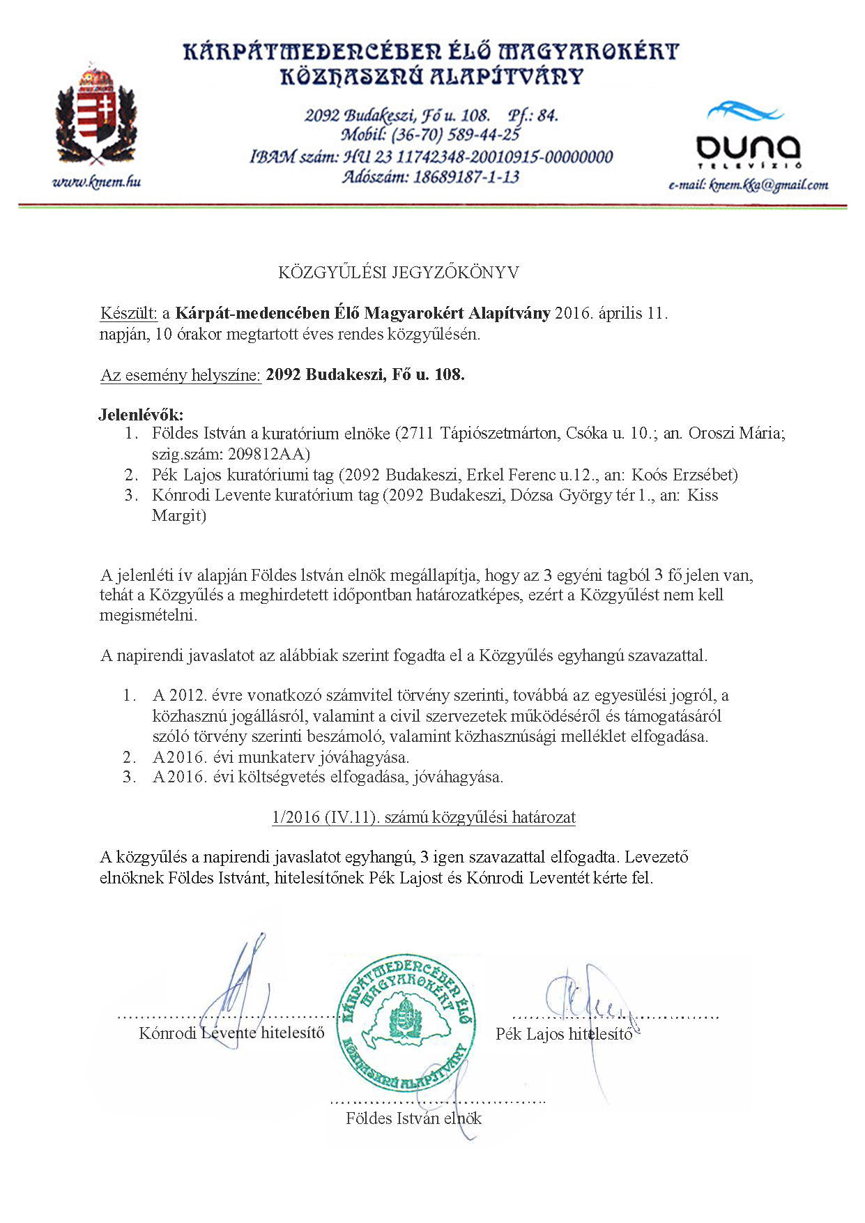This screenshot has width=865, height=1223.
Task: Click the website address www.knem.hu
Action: [x=96, y=182]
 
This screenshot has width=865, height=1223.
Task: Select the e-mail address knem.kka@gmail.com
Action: [x=748, y=185]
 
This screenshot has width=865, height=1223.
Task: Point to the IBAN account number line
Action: [x=431, y=156]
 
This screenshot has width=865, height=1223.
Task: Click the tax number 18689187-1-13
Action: [x=466, y=176]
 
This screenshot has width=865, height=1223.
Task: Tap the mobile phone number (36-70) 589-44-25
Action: [x=455, y=135]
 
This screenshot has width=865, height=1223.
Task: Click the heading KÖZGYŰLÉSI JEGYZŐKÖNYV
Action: [x=398, y=273]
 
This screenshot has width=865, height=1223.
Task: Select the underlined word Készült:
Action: [x=129, y=313]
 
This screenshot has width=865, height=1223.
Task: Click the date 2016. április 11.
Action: [x=611, y=313]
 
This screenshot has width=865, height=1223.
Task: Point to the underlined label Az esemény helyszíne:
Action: [x=181, y=375]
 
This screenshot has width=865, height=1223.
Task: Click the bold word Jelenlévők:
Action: [x=141, y=415]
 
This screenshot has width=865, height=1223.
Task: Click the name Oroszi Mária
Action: [x=736, y=434]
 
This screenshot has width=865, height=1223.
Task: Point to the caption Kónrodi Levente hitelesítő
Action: [x=231, y=1033]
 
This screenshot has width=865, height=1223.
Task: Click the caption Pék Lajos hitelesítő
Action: [x=564, y=1034]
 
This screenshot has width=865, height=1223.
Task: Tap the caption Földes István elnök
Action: [x=413, y=1118]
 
